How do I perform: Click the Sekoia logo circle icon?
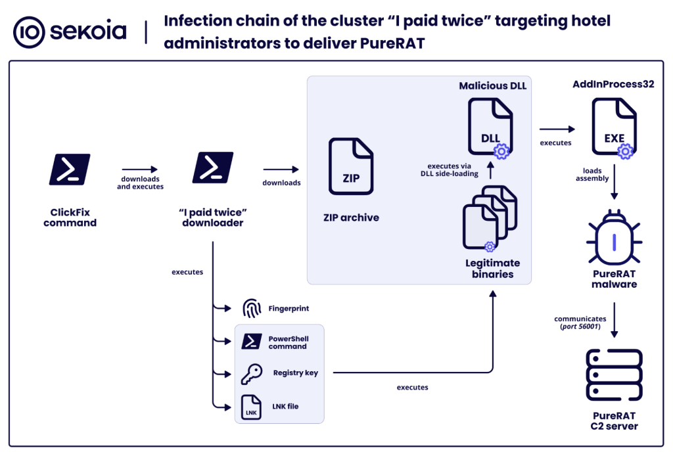pyautogui.click(x=29, y=32)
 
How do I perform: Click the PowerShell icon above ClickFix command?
pyautogui.click(x=70, y=168)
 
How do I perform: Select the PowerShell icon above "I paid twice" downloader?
pyautogui.click(x=212, y=168)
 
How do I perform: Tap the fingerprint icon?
pyautogui.click(x=252, y=308)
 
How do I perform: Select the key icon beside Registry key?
pyautogui.click(x=252, y=373)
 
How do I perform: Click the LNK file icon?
pyautogui.click(x=252, y=407)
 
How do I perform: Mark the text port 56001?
pyautogui.click(x=579, y=327)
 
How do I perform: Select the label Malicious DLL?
pyautogui.click(x=492, y=86)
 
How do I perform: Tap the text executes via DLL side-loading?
pyautogui.click(x=453, y=170)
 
